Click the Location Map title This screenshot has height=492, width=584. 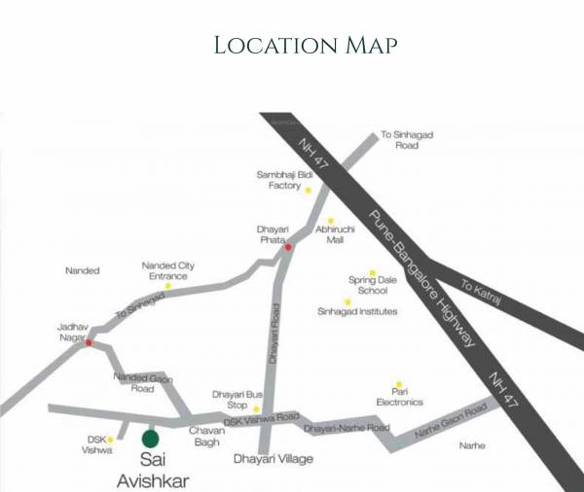coord(292,45)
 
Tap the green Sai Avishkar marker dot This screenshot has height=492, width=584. coord(150,439)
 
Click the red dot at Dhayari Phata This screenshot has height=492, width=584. coord(288,247)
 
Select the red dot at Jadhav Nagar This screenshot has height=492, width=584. coord(89,341)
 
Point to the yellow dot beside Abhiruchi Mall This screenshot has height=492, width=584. coord(330,221)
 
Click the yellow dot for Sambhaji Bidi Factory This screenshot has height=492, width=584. coord(308,190)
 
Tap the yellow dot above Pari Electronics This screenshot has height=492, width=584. coord(398,385)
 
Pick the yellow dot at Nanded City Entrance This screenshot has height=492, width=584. coord(167,286)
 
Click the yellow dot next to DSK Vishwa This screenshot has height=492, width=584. coord(110,439)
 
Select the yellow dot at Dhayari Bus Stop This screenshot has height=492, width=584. coord(257,410)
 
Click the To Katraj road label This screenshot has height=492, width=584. coord(481,293)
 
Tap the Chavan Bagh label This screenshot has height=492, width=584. coord(205,437)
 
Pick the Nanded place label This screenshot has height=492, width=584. coord(82,270)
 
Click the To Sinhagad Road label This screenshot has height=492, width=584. coord(399,140)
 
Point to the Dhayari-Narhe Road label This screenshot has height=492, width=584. coord(347,428)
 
